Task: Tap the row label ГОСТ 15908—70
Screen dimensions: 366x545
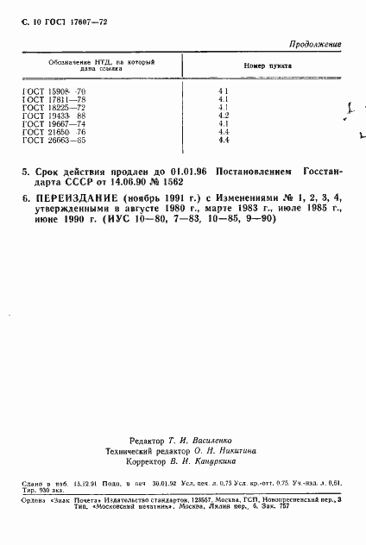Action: [54, 91]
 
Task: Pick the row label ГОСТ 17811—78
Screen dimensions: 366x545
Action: [54, 99]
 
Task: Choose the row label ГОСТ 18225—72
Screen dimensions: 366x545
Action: [54, 107]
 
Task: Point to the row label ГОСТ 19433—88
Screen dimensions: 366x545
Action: [54, 115]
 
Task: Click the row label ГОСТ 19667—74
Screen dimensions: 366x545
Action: [54, 122]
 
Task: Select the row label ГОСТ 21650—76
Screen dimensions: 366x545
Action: [54, 130]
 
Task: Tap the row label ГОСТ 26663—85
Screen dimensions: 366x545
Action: [54, 138]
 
